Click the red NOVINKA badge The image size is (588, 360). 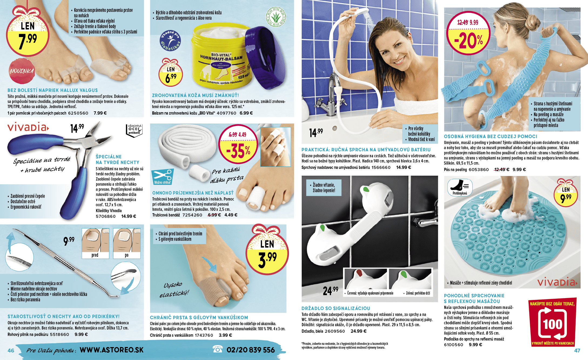pos(22,71)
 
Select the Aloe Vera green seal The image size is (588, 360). pos(276,17)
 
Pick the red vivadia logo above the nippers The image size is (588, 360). pos(28,127)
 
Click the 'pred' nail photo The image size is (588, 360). pos(95,244)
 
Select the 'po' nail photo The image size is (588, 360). pos(127,244)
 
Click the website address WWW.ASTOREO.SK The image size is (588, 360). pos(112,350)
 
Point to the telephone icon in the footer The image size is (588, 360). pos(218,349)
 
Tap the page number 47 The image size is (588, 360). pos(577,351)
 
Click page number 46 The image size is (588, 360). pos(11,351)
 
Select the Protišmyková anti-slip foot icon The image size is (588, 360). pos(460,187)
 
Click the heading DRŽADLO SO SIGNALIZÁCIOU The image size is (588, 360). pos(336,308)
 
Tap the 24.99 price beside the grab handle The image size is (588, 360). pos(330,291)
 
